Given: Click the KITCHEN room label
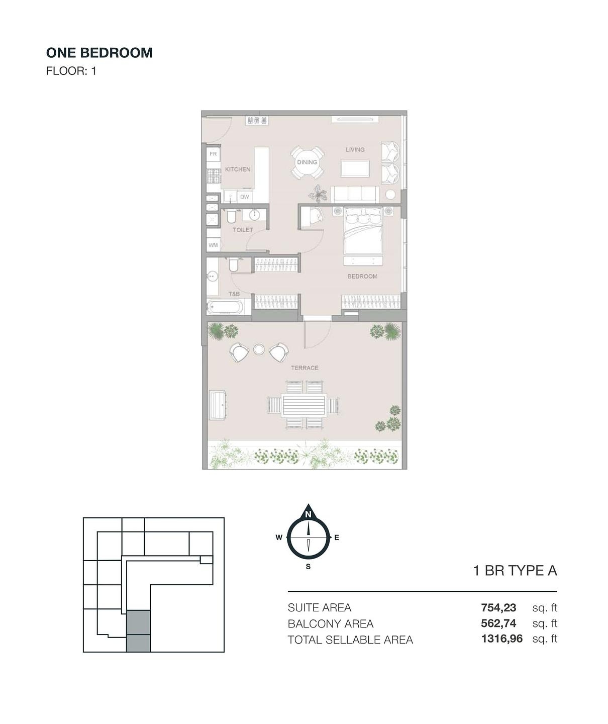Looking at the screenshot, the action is (238, 169).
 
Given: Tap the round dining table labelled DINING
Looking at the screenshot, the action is (307, 162).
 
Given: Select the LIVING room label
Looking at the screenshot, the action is (355, 149).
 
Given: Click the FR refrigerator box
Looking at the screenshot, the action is (213, 154).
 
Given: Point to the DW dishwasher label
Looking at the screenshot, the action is (244, 197).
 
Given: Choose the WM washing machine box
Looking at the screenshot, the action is (213, 245).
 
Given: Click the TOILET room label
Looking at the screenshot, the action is (243, 230).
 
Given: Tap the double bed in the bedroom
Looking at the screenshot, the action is (363, 231).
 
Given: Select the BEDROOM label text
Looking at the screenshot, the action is (362, 277).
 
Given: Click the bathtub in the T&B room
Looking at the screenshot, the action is (225, 307).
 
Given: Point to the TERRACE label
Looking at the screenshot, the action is (305, 368).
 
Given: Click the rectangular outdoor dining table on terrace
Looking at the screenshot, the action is (304, 405).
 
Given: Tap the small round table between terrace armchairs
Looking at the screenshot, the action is (259, 349).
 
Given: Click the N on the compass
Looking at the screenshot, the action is (308, 514).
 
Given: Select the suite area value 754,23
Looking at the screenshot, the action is (498, 607).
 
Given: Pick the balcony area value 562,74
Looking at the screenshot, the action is (498, 623).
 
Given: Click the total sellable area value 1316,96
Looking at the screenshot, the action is (501, 639).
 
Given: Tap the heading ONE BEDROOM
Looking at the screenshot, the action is (99, 53).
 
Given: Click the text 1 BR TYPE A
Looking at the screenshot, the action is (515, 571).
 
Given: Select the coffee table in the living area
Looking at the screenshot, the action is (355, 168).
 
